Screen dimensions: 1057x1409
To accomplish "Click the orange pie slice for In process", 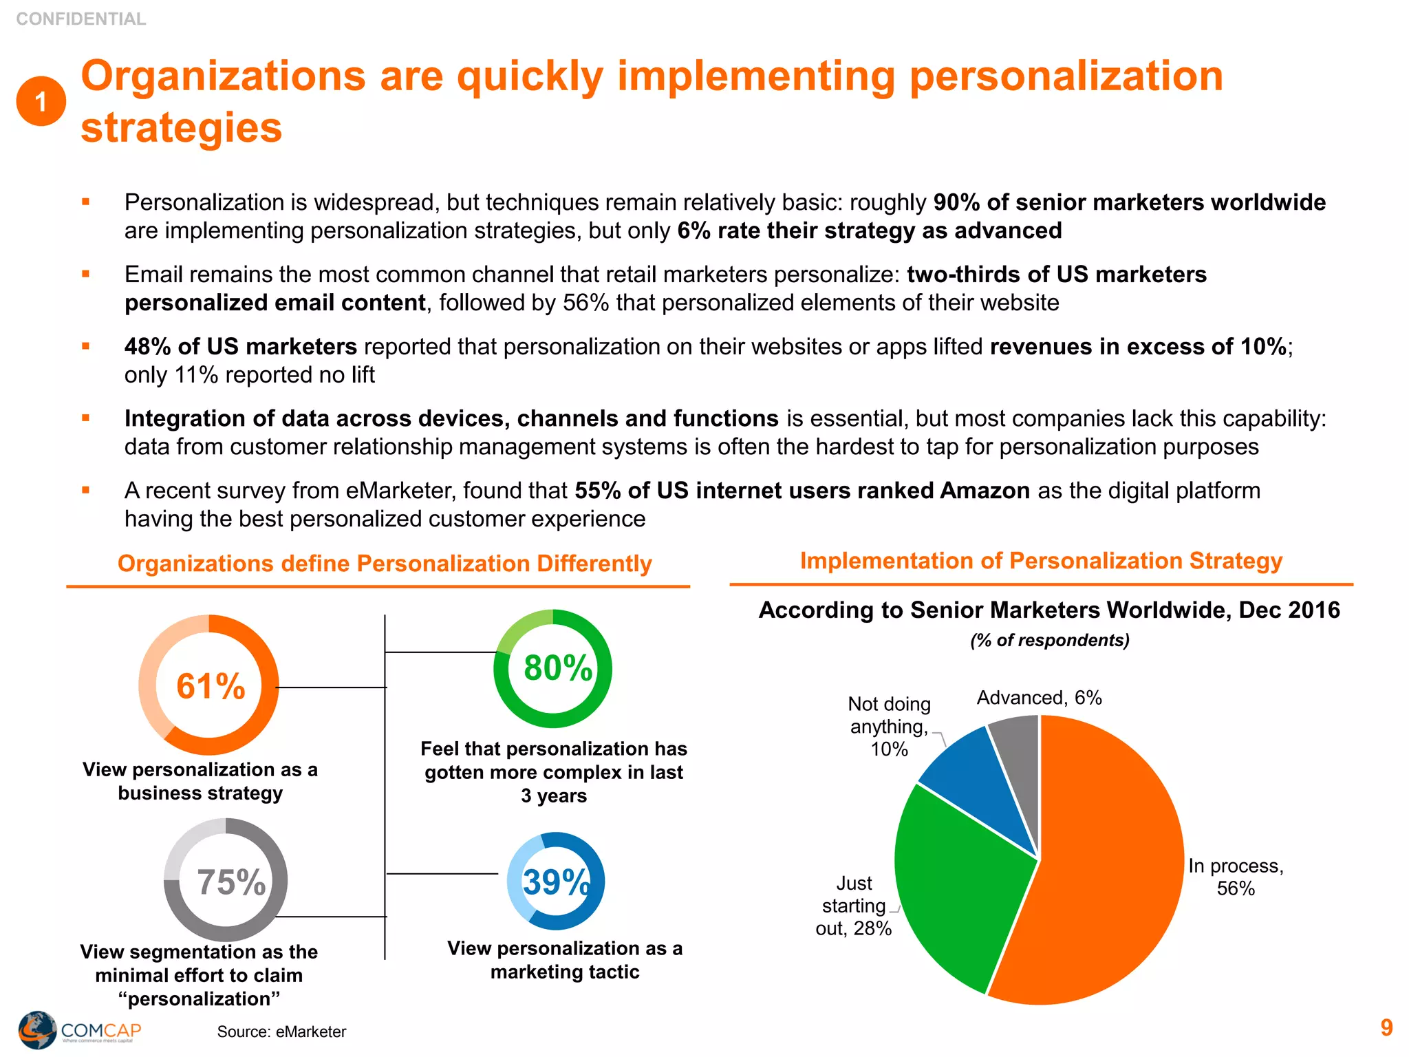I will tap(1108, 867).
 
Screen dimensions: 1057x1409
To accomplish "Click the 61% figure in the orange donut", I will tap(211, 686).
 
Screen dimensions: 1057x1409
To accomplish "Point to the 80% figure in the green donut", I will tap(557, 668).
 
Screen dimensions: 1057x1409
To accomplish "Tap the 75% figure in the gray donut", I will tap(231, 882).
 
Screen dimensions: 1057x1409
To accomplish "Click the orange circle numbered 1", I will tap(41, 101).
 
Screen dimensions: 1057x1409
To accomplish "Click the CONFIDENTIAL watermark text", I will tap(81, 19).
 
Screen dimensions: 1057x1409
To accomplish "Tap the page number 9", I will tap(1386, 1027).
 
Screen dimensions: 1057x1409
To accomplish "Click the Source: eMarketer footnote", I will tap(281, 1032).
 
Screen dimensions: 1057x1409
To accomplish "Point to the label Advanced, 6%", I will tap(1039, 698).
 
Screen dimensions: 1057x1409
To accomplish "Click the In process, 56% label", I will tap(1236, 877).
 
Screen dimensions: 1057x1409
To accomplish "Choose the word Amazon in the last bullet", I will tap(985, 491).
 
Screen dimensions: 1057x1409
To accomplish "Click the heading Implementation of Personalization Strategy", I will tap(1041, 561).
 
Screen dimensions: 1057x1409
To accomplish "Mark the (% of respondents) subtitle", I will tap(1050, 640).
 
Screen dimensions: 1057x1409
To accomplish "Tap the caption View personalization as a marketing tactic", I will tap(565, 960).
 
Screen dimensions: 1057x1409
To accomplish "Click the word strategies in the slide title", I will tap(182, 128).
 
